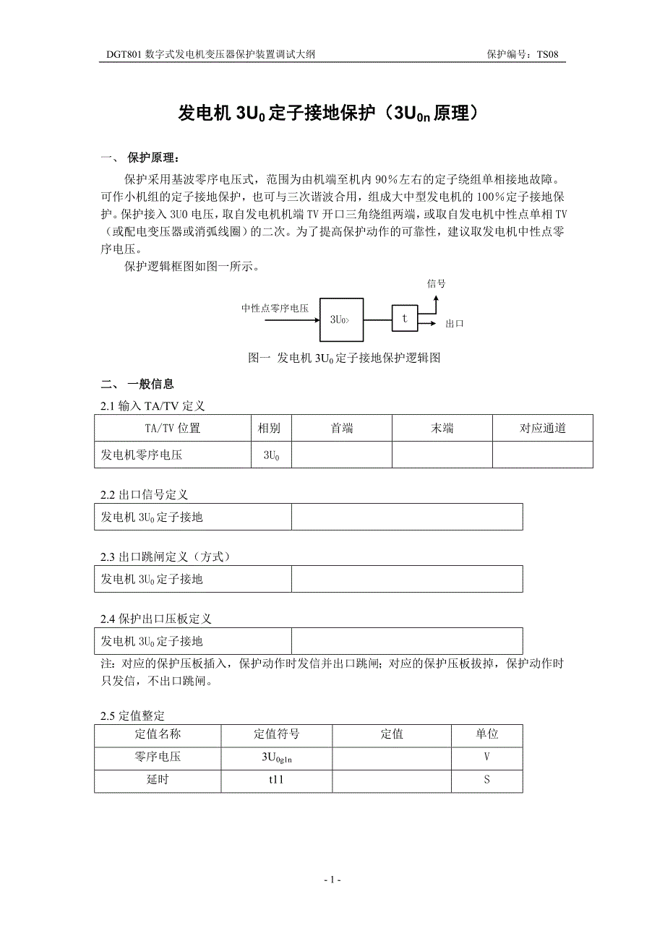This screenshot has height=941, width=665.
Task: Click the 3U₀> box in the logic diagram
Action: (x=342, y=318)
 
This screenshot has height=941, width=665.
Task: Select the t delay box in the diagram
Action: (x=405, y=318)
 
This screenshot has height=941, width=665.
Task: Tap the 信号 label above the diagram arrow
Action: (x=437, y=284)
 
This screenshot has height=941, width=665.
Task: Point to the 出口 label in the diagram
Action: (x=455, y=324)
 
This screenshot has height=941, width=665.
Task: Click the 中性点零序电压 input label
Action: (x=275, y=309)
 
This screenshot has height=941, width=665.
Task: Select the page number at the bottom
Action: (x=332, y=880)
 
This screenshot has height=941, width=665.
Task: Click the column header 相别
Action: (x=270, y=428)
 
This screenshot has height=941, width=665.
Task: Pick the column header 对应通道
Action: (x=543, y=428)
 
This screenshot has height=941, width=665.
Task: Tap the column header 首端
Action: (x=342, y=428)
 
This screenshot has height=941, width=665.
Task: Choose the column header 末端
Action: (x=442, y=428)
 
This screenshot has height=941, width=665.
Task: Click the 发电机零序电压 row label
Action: (x=142, y=455)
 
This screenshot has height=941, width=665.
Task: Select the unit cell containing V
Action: (x=487, y=757)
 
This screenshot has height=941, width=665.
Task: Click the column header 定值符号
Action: (x=277, y=734)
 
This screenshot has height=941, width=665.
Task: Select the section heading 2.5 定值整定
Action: (x=133, y=716)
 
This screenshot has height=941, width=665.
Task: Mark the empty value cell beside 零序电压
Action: (x=392, y=757)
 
